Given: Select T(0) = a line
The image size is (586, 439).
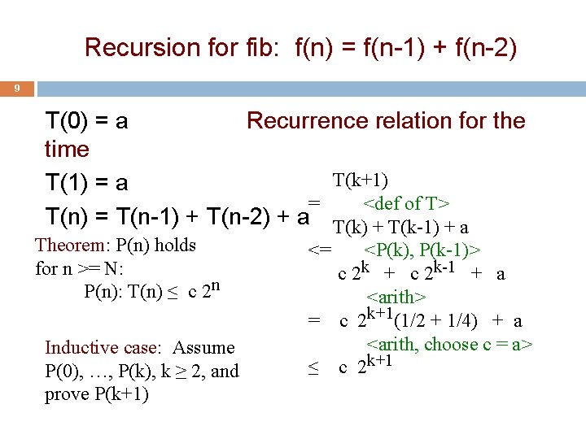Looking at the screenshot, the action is coord(87,121).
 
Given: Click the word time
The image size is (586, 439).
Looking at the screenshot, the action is coord(67,150).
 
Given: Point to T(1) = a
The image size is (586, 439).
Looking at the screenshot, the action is coord(86,184).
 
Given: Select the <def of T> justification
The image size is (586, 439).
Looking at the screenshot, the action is coord(407,203).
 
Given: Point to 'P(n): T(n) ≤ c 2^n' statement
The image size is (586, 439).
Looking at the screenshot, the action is coord(153,291).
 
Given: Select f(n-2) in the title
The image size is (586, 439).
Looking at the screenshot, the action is coord(482,48).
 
